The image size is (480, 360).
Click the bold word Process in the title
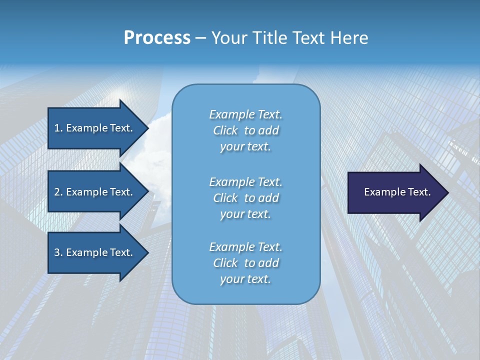tap(157, 38)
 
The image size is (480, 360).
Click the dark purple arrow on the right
tap(395, 192)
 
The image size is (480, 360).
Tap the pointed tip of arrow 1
tap(147, 128)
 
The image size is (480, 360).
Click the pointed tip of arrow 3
tap(147, 252)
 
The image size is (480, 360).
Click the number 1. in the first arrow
tap(58, 128)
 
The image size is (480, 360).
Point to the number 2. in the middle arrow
tap(58, 192)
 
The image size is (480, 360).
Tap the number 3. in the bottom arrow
tap(58, 252)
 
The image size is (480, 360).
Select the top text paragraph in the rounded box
tap(245, 130)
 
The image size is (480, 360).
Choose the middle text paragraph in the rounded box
tap(245, 198)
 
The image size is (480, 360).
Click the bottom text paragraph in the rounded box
tap(245, 263)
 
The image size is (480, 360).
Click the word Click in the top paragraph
tap(225, 130)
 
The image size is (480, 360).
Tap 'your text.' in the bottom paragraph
tap(245, 279)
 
